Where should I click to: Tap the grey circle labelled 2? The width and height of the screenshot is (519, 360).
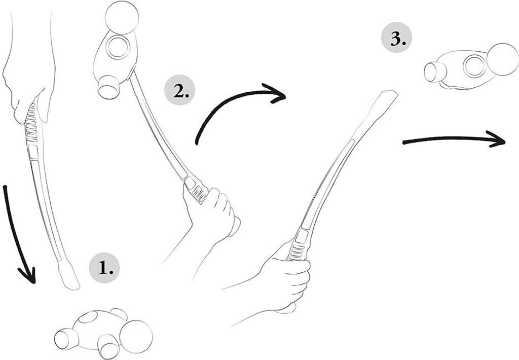[179, 91]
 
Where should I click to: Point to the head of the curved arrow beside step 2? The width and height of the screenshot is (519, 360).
[278, 95]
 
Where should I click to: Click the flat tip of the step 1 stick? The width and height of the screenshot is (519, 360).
[70, 279]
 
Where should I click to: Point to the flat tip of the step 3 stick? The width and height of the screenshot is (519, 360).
[388, 96]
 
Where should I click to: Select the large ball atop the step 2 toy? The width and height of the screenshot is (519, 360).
[121, 17]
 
